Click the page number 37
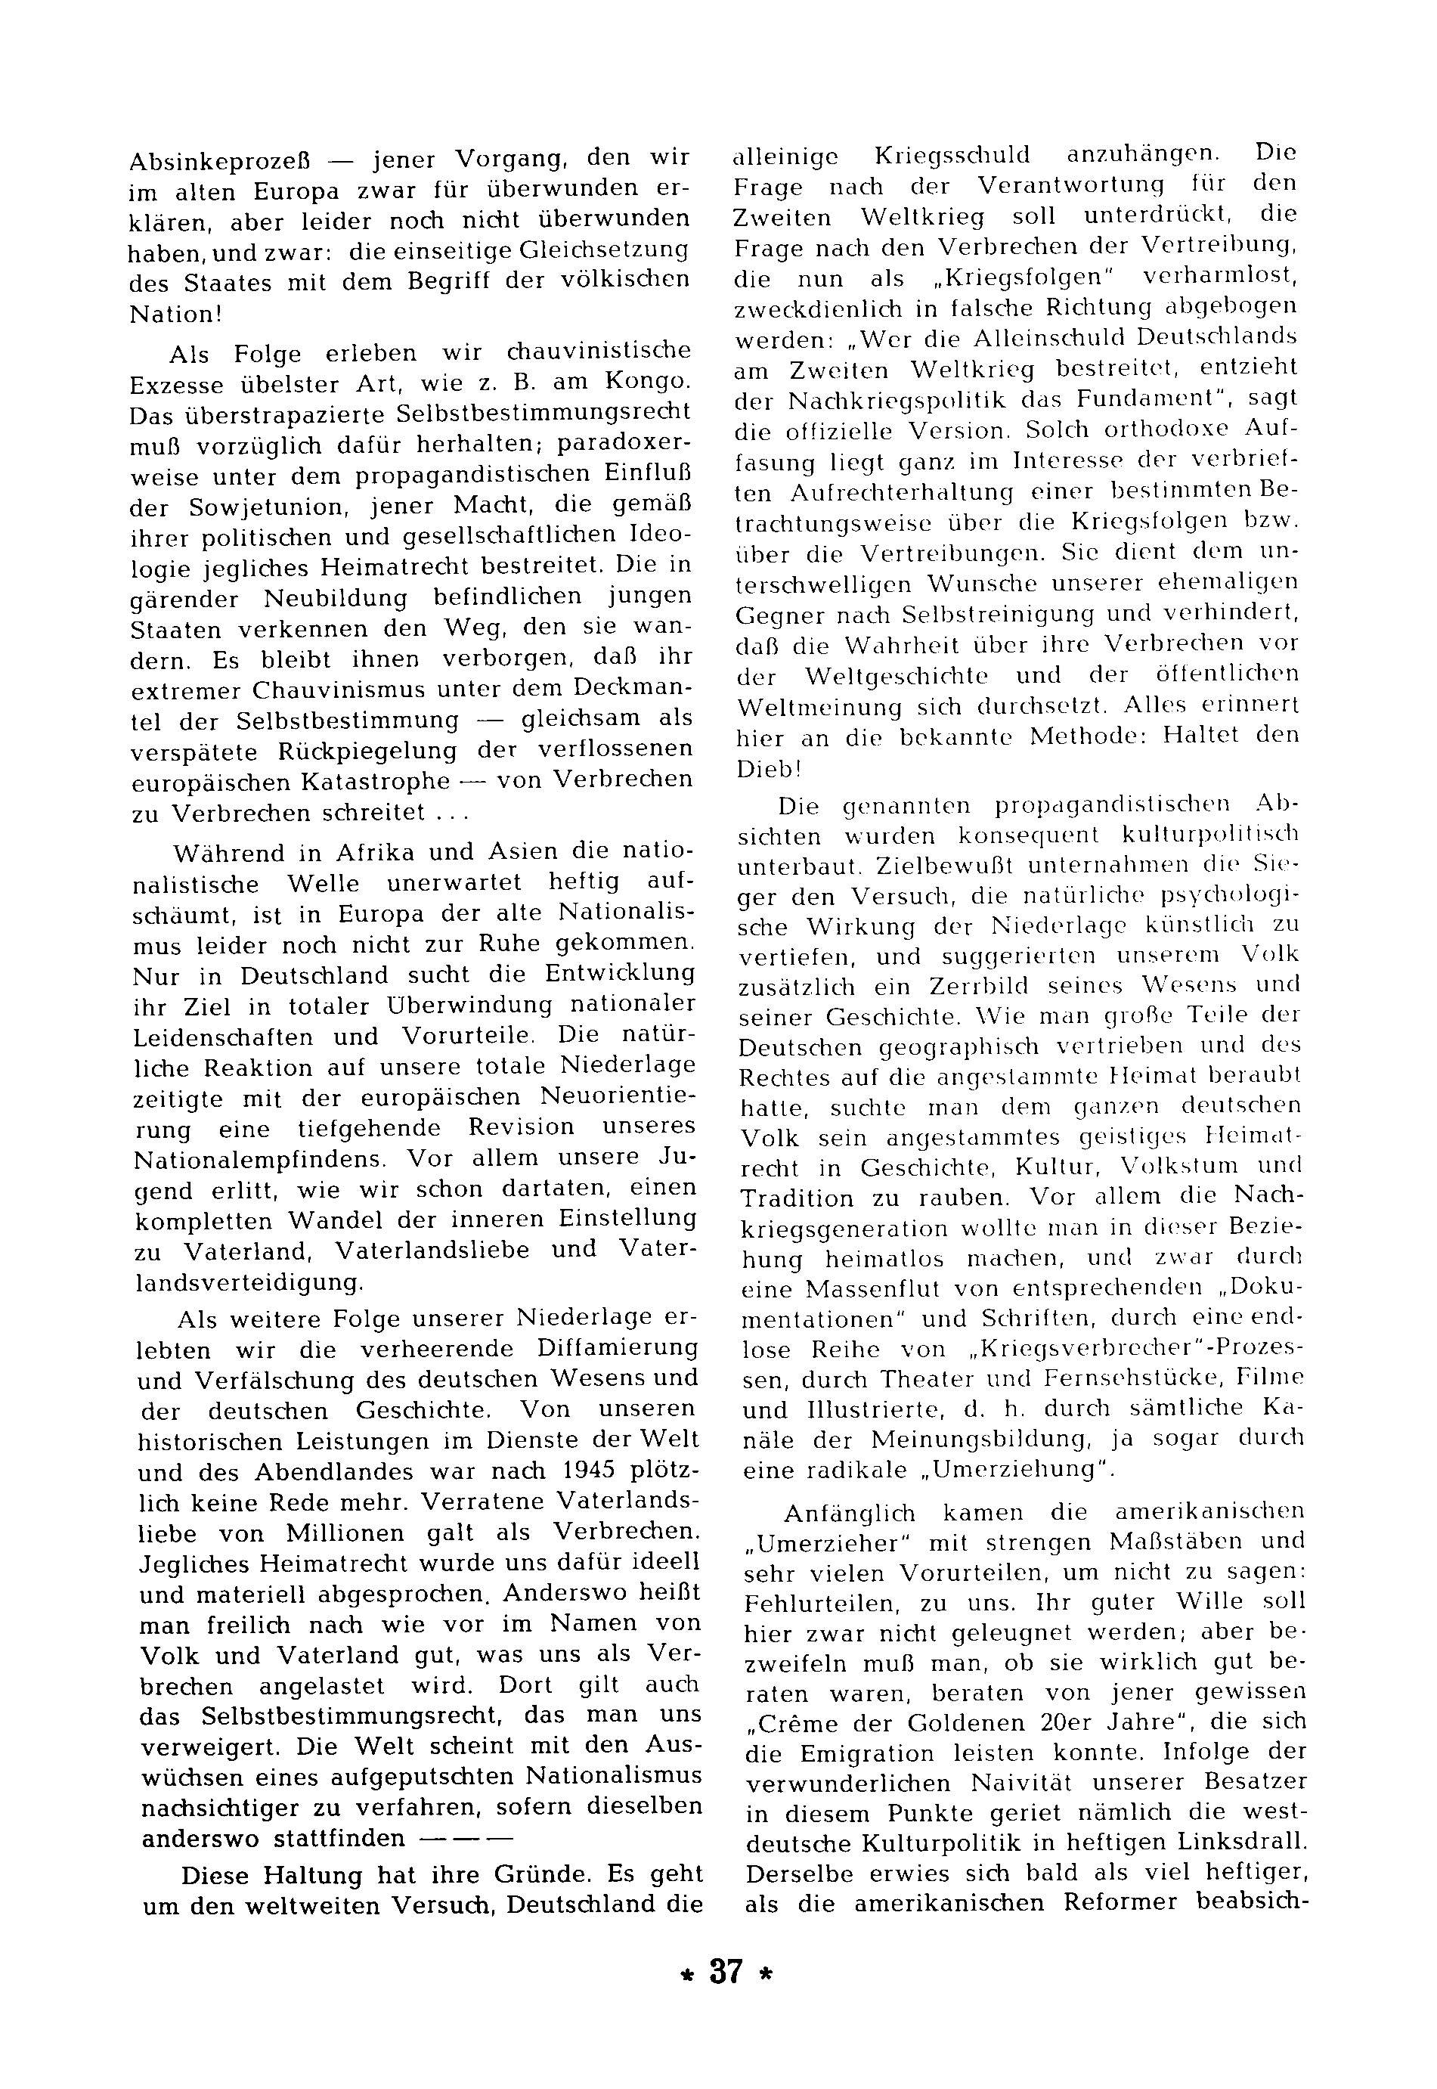click(x=726, y=1998)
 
